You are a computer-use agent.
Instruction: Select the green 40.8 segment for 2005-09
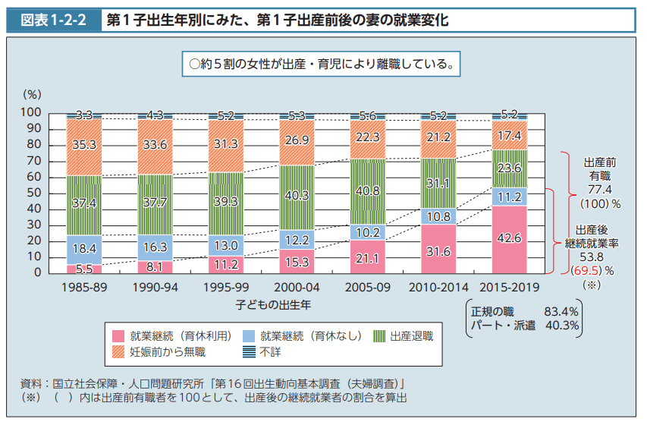click(368, 191)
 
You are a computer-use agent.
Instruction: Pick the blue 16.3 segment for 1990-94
click(155, 247)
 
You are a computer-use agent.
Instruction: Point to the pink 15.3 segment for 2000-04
click(297, 262)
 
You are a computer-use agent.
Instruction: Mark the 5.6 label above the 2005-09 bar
click(368, 116)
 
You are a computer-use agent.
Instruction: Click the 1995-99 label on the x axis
click(226, 288)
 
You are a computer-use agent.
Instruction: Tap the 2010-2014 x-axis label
click(439, 288)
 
